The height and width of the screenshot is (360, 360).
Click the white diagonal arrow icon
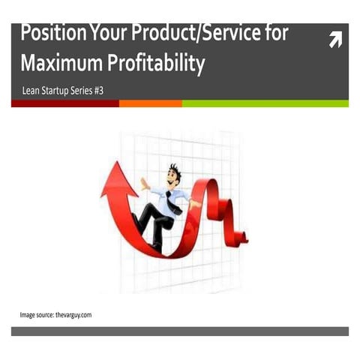click(335, 40)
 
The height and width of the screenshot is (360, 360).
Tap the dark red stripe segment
click(64, 103)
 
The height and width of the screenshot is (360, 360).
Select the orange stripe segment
click(150, 103)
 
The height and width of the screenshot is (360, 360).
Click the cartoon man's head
click(175, 175)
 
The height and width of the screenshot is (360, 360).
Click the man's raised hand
click(142, 181)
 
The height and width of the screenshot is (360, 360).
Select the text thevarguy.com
click(73, 314)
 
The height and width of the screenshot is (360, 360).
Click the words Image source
click(36, 314)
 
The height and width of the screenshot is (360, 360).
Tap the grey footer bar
click(180, 331)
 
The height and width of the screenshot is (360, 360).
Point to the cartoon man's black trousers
click(154, 221)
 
